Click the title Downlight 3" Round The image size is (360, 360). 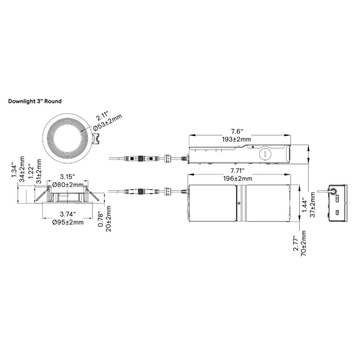pos(34,101)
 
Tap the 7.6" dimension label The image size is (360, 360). pos(240,132)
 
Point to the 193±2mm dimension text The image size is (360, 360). pos(240,139)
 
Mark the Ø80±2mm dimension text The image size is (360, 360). pos(68,184)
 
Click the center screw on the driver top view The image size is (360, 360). pos(239,204)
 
